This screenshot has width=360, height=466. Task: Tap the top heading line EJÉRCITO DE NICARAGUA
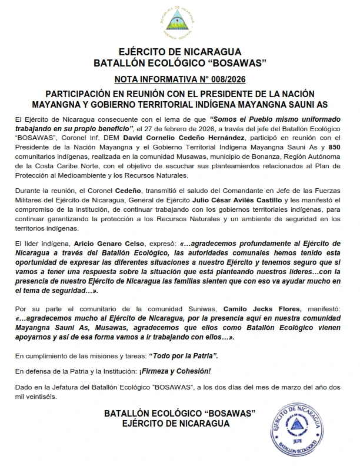(180, 52)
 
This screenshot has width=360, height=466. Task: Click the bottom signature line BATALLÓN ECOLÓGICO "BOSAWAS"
(180, 414)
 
